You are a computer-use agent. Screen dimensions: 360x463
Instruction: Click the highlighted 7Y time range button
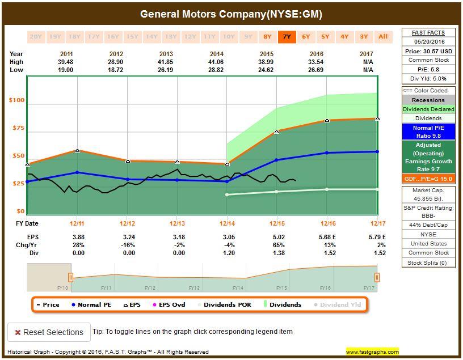point(287,37)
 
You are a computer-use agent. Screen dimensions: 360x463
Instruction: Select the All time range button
point(383,37)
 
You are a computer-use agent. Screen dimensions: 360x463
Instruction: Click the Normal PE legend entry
point(91,305)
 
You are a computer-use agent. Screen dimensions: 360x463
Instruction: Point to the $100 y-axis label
point(16,100)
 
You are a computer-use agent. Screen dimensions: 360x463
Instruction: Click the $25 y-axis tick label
point(18,184)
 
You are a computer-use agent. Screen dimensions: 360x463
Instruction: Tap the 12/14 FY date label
point(227,223)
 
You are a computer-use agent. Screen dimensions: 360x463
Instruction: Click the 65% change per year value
point(276,245)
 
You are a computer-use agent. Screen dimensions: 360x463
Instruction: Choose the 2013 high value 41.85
point(177,62)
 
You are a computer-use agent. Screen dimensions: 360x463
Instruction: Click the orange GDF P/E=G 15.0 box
point(429,179)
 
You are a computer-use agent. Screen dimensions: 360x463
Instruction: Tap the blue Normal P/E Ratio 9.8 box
point(429,132)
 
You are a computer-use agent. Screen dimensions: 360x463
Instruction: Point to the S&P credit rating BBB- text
point(429,216)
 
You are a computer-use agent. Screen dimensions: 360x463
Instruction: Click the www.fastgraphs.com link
point(372,352)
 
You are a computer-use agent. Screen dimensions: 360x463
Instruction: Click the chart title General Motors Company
point(231,14)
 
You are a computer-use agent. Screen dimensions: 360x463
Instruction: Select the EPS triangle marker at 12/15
point(277,132)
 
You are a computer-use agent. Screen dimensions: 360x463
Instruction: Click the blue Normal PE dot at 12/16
point(327,153)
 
